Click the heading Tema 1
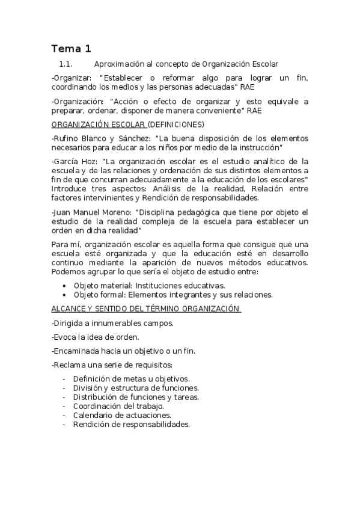coord(71,49)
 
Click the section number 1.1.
coord(66,64)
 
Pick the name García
coord(67,161)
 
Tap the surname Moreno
coord(115,212)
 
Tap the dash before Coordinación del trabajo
coord(64,406)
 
